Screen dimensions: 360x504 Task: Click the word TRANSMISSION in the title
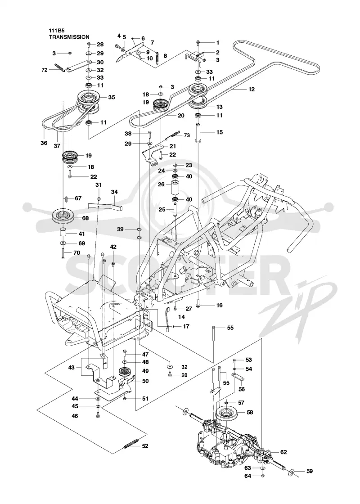click(x=69, y=37)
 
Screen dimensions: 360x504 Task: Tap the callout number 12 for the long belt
click(x=252, y=89)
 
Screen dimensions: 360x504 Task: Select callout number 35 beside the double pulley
click(x=112, y=97)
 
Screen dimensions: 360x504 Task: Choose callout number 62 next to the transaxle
click(x=283, y=452)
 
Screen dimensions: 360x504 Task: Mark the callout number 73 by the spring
click(x=187, y=135)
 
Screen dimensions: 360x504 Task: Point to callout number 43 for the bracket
click(x=71, y=367)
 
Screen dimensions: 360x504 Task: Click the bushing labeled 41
click(x=63, y=232)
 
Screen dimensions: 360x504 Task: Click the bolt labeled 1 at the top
click(x=198, y=43)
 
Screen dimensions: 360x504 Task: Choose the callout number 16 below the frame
click(x=220, y=306)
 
